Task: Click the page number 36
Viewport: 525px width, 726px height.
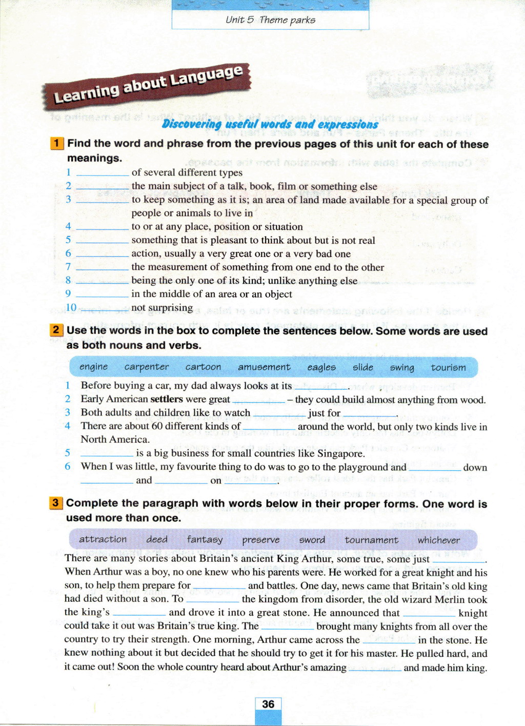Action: tap(268, 704)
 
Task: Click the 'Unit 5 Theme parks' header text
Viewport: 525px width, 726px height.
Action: tap(270, 20)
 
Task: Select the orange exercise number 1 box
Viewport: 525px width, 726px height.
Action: tap(57, 144)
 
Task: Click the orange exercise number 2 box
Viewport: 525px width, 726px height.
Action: tap(56, 330)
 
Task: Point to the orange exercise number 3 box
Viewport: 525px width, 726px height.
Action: tap(56, 503)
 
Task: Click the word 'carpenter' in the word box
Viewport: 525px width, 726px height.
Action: tap(147, 367)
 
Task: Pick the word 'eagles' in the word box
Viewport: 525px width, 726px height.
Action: tap(321, 367)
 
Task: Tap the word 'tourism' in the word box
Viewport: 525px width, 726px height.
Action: tap(448, 367)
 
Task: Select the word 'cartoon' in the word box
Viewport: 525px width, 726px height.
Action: tap(204, 367)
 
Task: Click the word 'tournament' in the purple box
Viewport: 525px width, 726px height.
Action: tap(371, 540)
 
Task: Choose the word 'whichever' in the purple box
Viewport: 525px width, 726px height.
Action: tap(438, 540)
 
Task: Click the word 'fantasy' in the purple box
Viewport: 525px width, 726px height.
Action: tap(205, 539)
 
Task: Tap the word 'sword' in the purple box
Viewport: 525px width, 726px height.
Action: tap(312, 540)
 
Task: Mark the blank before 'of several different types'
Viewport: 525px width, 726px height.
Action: tap(103, 175)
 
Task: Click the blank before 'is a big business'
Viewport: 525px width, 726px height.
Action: tap(107, 455)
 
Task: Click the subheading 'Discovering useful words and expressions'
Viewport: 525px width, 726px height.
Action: tap(270, 124)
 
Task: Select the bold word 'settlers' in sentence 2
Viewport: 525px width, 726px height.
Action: tap(167, 399)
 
